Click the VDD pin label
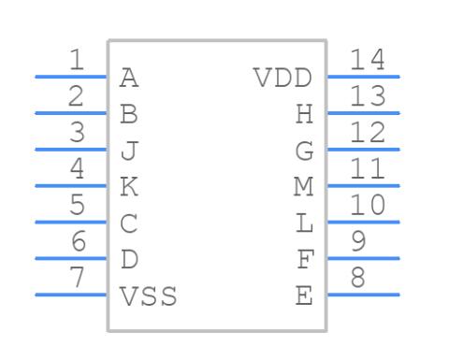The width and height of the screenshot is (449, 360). tap(283, 78)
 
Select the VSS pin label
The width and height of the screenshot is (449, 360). tap(149, 295)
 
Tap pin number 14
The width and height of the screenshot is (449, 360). tap(368, 60)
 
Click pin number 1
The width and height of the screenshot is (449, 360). tap(77, 60)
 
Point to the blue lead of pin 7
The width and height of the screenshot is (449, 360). tap(71, 295)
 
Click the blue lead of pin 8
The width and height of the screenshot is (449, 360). tap(363, 295)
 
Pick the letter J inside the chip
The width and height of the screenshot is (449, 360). tap(129, 151)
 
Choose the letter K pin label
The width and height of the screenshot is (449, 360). tap(129, 186)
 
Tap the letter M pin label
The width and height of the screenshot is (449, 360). tap(304, 186)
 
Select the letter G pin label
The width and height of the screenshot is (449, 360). tap(304, 151)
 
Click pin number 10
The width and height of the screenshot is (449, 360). tap(368, 205)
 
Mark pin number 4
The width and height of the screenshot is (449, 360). tap(77, 168)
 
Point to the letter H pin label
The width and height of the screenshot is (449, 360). tap(304, 114)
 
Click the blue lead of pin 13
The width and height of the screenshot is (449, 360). tap(363, 113)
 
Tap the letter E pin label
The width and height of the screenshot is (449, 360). tap(304, 295)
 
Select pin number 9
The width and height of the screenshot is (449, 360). tap(358, 241)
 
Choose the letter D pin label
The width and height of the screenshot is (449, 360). tap(129, 259)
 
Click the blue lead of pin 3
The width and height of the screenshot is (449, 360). tap(71, 150)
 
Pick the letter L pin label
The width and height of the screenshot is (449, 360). tap(304, 223)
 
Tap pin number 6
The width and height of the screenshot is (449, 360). tap(79, 241)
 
